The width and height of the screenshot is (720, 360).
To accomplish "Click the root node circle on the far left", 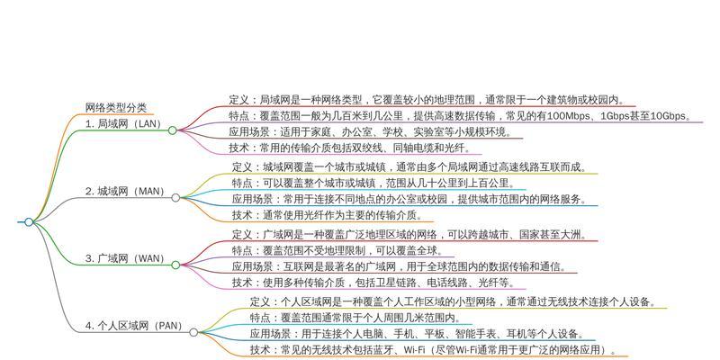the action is point(29,222).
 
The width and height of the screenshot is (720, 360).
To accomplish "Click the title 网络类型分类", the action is point(116,108).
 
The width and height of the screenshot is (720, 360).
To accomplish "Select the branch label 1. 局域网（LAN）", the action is point(123,123).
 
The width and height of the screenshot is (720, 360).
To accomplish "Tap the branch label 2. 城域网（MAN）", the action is point(125,191).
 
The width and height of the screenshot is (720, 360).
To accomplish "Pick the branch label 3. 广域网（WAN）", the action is point(125,258).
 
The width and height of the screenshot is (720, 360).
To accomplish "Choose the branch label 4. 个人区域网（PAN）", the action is point(133,326).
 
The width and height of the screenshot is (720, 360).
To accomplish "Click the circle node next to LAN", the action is point(172,130).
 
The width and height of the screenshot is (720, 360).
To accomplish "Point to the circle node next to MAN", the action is point(175,198).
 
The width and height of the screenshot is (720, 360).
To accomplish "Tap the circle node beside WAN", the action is point(175,265).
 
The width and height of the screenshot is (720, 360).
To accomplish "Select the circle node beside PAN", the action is point(193,332).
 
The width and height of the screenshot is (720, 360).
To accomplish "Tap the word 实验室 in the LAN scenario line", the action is point(428,132).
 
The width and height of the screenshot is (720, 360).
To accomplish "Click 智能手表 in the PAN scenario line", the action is point(466,333).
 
